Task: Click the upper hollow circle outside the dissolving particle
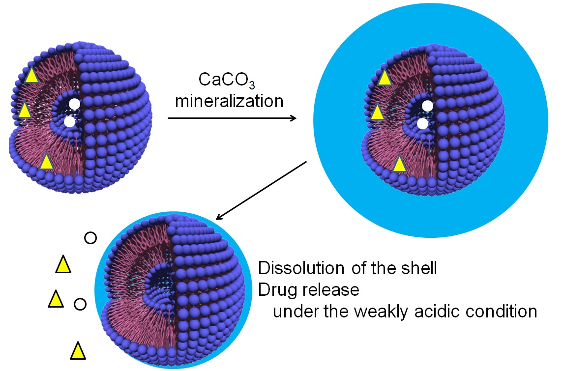coord(90,238)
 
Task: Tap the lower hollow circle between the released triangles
coord(80,304)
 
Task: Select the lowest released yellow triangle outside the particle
coord(78,351)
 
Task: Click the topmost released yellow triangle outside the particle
coord(63,265)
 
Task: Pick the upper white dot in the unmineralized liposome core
coord(74,104)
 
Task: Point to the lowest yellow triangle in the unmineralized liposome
coord(46,162)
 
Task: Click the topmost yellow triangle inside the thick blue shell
coord(385,78)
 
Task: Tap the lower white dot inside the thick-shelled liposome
coord(422,124)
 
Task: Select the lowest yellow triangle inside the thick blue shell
coord(400,164)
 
